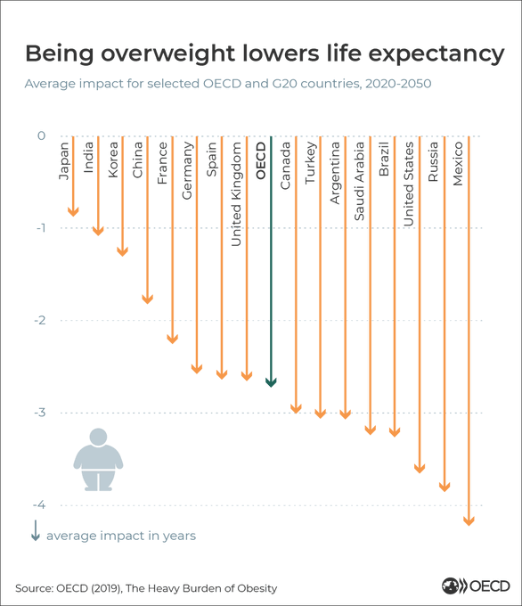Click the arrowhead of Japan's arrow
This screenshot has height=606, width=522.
[73, 212]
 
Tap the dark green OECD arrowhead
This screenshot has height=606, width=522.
[271, 382]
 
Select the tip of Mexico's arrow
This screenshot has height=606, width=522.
[469, 526]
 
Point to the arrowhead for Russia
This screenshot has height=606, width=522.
[445, 487]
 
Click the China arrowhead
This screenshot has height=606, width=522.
[148, 299]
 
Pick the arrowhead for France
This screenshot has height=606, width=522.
[172, 339]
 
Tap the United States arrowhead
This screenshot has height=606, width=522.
[420, 469]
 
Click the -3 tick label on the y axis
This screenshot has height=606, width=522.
[40, 413]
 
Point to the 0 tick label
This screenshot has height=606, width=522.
[41, 135]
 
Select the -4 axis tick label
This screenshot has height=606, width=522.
[39, 504]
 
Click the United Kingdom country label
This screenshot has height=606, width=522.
[236, 194]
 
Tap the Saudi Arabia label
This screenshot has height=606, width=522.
[359, 181]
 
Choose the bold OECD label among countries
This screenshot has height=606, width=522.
[261, 160]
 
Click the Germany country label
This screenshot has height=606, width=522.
[187, 170]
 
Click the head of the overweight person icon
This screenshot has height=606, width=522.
[98, 437]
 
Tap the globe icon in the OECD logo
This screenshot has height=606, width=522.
[450, 586]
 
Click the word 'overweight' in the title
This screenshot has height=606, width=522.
[168, 53]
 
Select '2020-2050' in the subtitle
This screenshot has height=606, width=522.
[398, 84]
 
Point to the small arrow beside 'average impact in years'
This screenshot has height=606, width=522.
[36, 530]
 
